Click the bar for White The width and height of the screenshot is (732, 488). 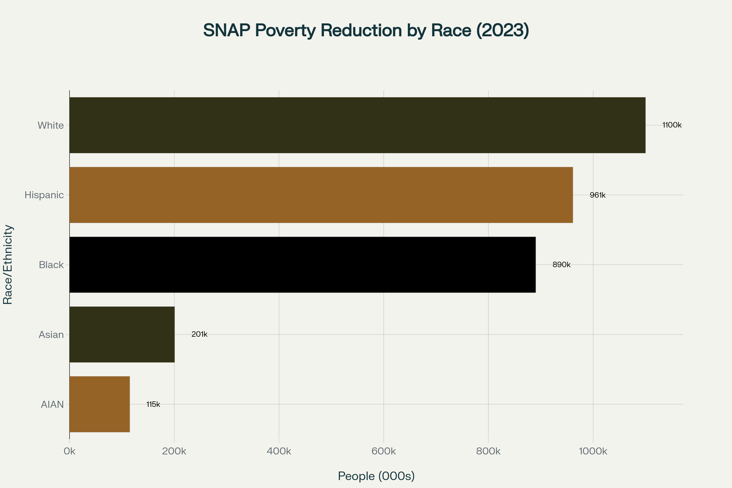[x=357, y=125]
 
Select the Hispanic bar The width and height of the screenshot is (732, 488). [x=321, y=195]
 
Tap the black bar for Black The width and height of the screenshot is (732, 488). [x=302, y=264]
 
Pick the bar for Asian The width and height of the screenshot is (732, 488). [x=122, y=334]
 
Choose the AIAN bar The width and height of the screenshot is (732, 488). [x=99, y=404]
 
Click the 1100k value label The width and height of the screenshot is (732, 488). [x=672, y=125]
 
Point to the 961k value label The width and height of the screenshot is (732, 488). [x=597, y=195]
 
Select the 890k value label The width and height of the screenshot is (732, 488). [x=562, y=265]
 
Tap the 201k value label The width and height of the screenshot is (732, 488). [x=199, y=334]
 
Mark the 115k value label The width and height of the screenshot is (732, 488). [x=153, y=404]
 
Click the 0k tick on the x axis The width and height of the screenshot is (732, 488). [x=70, y=451]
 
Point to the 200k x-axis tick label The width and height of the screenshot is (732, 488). [x=174, y=451]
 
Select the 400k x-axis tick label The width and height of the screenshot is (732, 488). [x=279, y=451]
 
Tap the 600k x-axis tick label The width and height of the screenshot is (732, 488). [x=383, y=451]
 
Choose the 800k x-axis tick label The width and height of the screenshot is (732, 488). [x=488, y=451]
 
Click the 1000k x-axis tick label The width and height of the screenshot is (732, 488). [x=593, y=451]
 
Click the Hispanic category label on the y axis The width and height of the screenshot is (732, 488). [x=44, y=195]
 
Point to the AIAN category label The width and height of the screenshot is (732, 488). [x=52, y=404]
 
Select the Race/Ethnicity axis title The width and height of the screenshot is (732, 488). [x=8, y=264]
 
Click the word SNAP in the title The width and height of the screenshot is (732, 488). [x=226, y=30]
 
